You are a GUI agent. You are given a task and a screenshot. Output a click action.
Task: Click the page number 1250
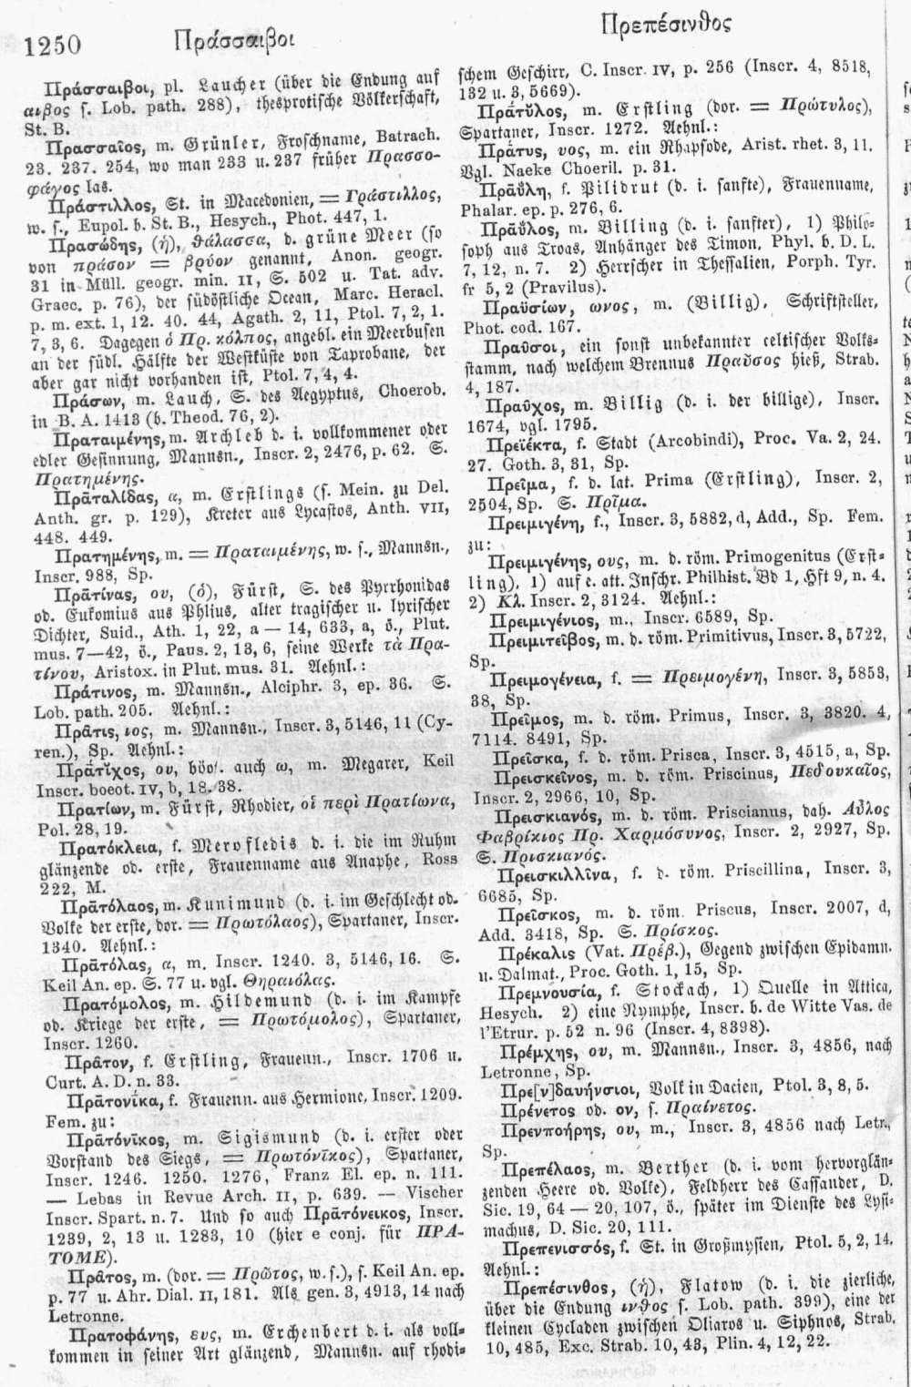55,45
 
